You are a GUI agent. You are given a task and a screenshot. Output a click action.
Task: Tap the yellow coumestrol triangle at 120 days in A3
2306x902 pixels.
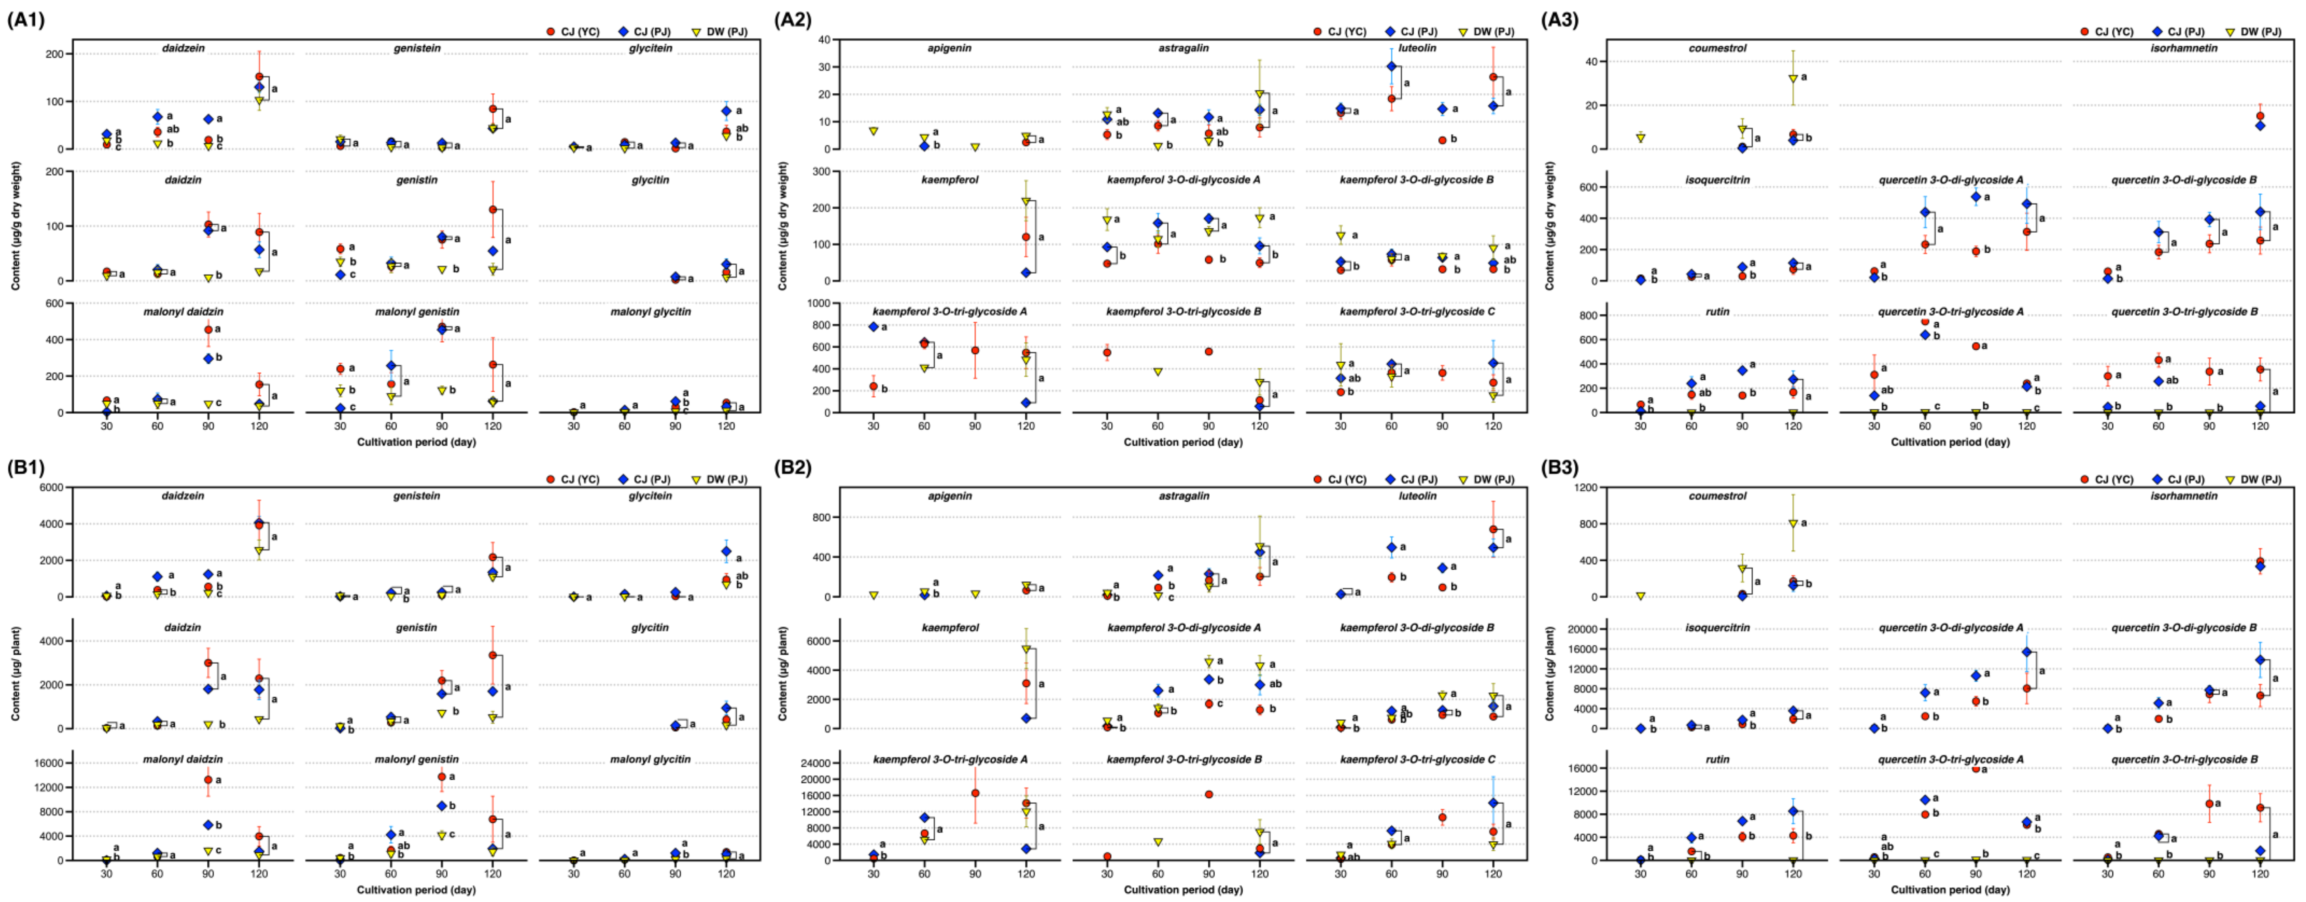click(1786, 79)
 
